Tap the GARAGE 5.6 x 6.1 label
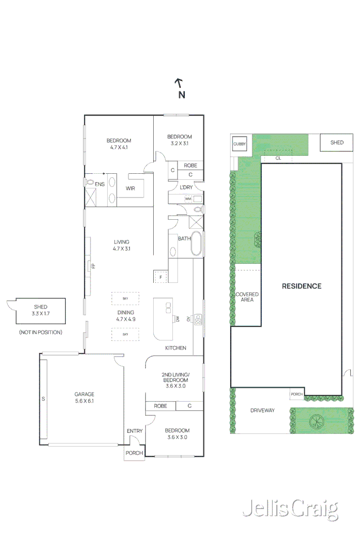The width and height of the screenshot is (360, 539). pyautogui.click(x=84, y=397)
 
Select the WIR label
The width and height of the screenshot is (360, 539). pyautogui.click(x=130, y=188)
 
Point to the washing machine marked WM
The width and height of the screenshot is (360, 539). pyautogui.click(x=188, y=199)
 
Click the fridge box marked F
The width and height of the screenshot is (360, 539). pyautogui.click(x=161, y=277)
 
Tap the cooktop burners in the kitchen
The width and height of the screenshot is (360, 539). pyautogui.click(x=199, y=319)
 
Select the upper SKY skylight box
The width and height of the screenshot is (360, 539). pyautogui.click(x=125, y=299)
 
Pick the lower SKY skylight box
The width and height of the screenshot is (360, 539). pyautogui.click(x=125, y=334)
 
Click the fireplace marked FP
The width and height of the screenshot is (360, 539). pyautogui.click(x=91, y=265)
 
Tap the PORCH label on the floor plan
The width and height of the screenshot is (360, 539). pyautogui.click(x=134, y=453)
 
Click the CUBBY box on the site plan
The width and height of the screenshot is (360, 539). pyautogui.click(x=239, y=144)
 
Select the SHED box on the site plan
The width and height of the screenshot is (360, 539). pyautogui.click(x=337, y=142)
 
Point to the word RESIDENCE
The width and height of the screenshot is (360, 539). pyautogui.click(x=301, y=286)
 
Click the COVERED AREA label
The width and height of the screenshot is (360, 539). pyautogui.click(x=247, y=297)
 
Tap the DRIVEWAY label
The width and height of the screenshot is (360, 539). pyautogui.click(x=262, y=410)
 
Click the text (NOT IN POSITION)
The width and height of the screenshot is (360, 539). pyautogui.click(x=40, y=332)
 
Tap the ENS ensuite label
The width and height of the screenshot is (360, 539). pyautogui.click(x=100, y=184)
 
